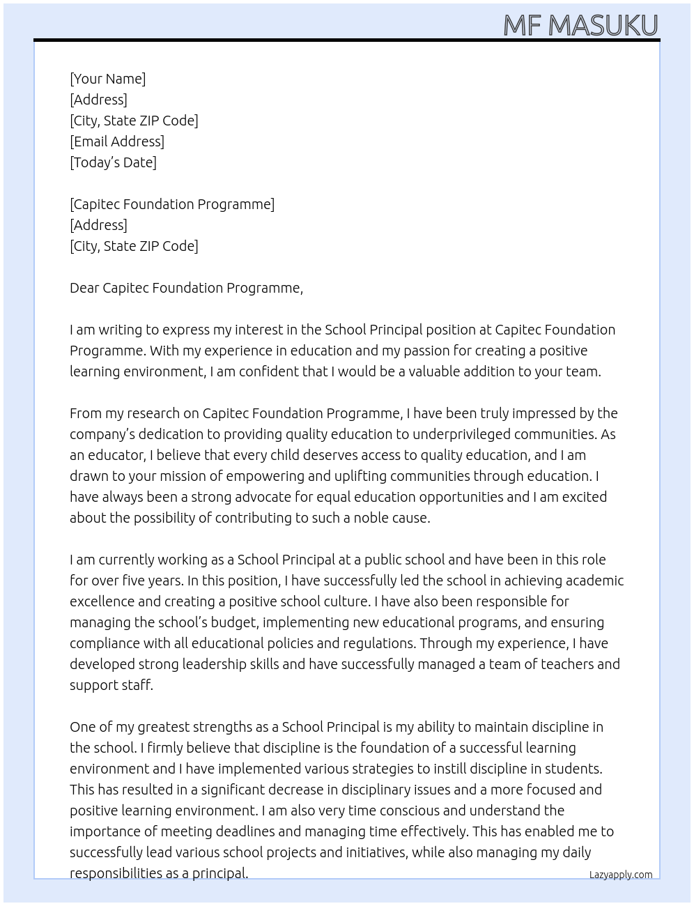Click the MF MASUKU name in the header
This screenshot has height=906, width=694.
coord(580,25)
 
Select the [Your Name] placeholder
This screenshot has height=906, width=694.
coord(107,79)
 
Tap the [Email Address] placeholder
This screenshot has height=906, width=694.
coord(117,141)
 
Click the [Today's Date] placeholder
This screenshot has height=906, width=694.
coord(113,162)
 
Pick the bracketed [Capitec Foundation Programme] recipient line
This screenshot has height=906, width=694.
coord(172,204)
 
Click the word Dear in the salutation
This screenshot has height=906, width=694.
coord(84,288)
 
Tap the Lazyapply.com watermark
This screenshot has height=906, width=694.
coord(620,875)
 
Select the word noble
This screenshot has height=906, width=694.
coord(372,518)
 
